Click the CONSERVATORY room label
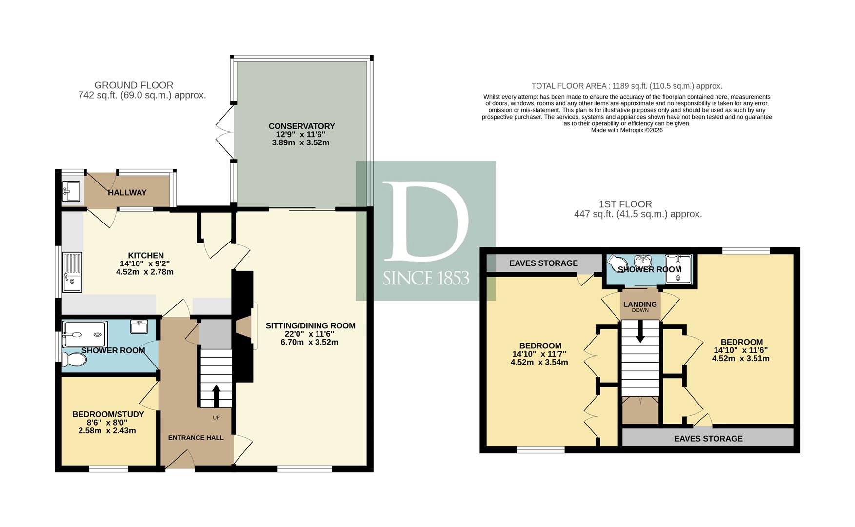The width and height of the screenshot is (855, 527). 301,126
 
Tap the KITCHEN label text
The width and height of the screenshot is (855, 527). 146,255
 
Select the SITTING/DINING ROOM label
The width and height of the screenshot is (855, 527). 310,325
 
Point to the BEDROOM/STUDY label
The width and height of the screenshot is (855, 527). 108,414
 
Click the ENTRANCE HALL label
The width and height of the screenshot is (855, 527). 196,438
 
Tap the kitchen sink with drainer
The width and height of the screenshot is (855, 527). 72,272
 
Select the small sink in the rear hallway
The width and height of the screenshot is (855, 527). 71,191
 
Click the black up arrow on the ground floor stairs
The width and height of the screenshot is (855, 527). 216,395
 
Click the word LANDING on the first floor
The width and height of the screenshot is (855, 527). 640,304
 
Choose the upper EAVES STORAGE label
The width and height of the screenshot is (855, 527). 543,263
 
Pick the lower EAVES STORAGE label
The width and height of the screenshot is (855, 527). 708,439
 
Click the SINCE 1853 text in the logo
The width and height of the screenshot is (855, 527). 426,278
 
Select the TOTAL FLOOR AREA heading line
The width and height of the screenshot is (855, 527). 627,86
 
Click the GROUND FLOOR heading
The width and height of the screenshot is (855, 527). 134,85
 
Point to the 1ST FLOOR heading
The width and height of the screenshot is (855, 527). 625,204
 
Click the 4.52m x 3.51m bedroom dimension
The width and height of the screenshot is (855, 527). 740,359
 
